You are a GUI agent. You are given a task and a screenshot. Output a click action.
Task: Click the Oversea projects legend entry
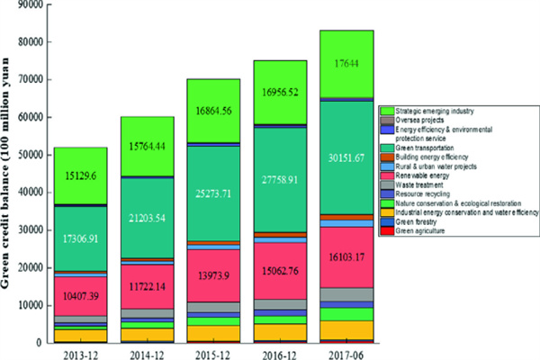418,118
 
